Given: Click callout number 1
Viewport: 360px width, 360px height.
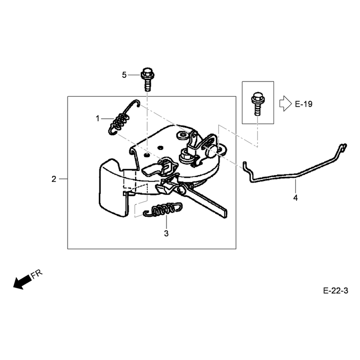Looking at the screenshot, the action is (98, 119).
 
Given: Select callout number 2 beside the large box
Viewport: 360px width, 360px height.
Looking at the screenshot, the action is (54, 179).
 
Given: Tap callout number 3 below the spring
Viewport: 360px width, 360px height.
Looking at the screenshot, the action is (166, 234).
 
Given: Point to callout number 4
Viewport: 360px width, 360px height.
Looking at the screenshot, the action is (296, 198).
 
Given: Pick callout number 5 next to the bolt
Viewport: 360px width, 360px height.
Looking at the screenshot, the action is (124, 75).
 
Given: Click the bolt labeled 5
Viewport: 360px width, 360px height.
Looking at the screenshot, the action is (148, 79).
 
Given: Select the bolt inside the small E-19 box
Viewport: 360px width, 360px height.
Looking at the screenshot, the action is (258, 103).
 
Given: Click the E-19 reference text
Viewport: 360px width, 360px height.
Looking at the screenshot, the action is (303, 104).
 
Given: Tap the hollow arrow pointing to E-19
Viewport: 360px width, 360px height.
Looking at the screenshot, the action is (285, 103).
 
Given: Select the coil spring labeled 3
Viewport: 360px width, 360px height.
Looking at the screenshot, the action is (162, 210).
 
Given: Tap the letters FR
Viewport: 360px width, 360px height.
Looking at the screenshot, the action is (37, 274).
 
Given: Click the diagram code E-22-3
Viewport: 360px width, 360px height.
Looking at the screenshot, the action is (335, 291).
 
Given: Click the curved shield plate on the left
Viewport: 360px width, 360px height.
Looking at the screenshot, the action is (113, 187).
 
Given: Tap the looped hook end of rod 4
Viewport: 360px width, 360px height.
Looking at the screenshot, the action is (343, 147).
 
